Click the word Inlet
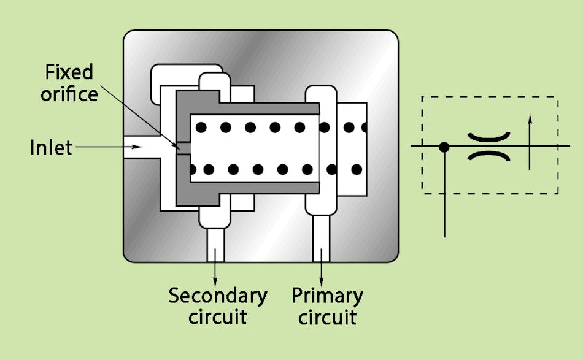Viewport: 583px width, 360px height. click(51, 148)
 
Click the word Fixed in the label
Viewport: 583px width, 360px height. click(69, 72)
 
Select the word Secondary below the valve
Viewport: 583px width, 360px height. click(218, 296)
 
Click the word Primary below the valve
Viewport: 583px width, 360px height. click(327, 296)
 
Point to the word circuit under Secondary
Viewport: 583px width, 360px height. click(218, 318)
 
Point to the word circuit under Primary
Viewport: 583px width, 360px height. click(327, 318)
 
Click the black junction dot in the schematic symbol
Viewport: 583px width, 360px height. click(444, 147)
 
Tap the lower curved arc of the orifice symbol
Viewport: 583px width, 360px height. click(489, 156)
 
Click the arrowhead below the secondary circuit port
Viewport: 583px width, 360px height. click(215, 278)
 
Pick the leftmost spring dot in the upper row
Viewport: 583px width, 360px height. click(201, 128)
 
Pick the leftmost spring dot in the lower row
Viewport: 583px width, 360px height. click(201, 169)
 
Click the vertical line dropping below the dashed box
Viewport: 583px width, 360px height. click(444, 215)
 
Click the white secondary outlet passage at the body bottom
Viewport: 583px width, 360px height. click(215, 245)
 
